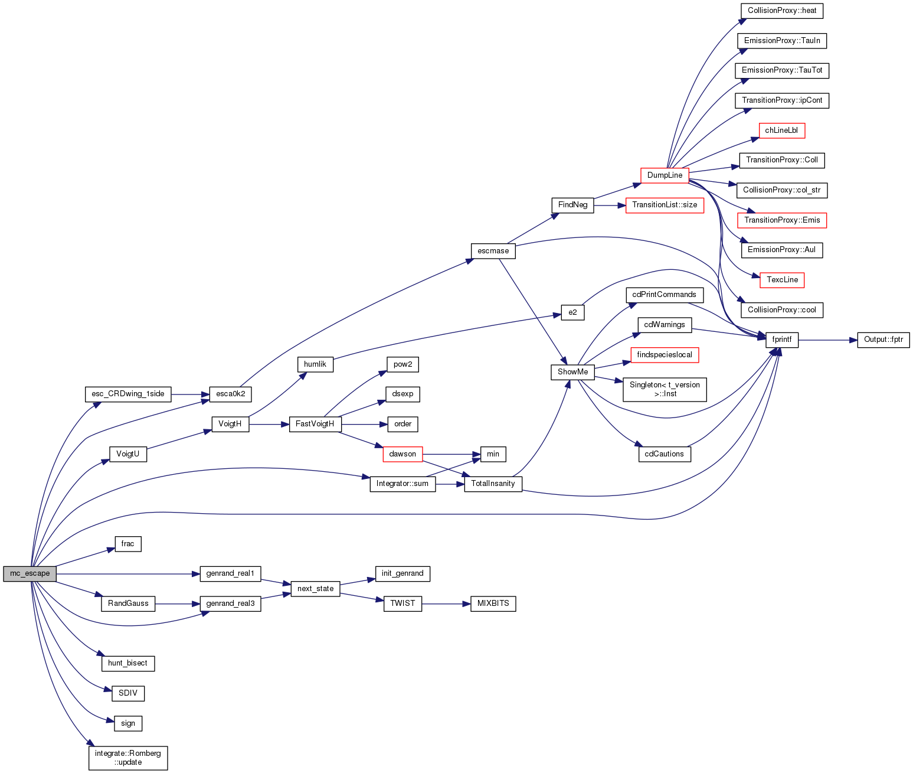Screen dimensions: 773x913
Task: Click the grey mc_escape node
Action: (30, 573)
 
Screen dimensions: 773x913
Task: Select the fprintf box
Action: (781, 340)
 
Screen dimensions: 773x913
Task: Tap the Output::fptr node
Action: (883, 340)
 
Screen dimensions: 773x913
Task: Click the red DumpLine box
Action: (665, 175)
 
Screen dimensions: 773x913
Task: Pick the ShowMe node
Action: (572, 372)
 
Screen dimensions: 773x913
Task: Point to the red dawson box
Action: (402, 454)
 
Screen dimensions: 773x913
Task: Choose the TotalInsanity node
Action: (493, 484)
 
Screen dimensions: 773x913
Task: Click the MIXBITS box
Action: (493, 604)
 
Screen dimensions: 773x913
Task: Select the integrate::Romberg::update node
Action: (128, 758)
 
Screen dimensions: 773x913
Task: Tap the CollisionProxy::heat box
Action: (781, 11)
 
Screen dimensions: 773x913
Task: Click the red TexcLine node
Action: (782, 280)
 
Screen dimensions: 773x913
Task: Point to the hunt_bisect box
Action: (127, 663)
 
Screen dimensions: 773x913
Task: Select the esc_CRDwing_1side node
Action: (128, 394)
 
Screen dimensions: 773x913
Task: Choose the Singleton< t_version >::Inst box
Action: (665, 389)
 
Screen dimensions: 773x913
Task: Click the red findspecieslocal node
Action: (665, 355)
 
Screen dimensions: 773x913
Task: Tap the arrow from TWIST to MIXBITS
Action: (446, 604)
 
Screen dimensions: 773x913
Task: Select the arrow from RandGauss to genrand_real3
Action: (177, 604)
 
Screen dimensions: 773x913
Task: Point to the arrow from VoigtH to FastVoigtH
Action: (269, 424)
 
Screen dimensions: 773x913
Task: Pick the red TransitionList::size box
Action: (665, 205)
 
